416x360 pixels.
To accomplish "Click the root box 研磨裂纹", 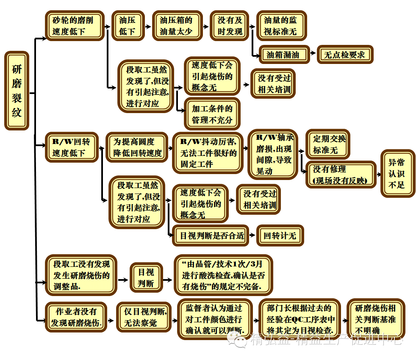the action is coord(17,91).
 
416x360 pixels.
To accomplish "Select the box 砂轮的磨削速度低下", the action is coord(75,25).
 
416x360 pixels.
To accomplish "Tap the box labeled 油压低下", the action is coord(128,25).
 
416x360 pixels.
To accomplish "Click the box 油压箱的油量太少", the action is coord(176,25).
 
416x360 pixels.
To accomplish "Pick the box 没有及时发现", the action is coord(230,25).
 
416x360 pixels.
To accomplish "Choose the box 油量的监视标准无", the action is coord(281,25).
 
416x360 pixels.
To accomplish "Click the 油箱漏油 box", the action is coord(284,55).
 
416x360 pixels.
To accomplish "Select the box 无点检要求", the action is coord(345,55).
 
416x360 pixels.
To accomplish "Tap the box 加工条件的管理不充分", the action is coord(212,114).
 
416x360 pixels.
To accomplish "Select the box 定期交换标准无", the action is coord(328,144).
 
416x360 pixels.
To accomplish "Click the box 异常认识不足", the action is coord(397,173).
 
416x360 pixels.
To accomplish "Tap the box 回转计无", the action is coord(280,235).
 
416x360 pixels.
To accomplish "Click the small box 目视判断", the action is coord(146,277).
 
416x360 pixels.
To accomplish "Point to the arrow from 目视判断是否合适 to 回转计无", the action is coord(252,235).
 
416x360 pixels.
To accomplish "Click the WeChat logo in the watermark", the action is coord(237,339).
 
